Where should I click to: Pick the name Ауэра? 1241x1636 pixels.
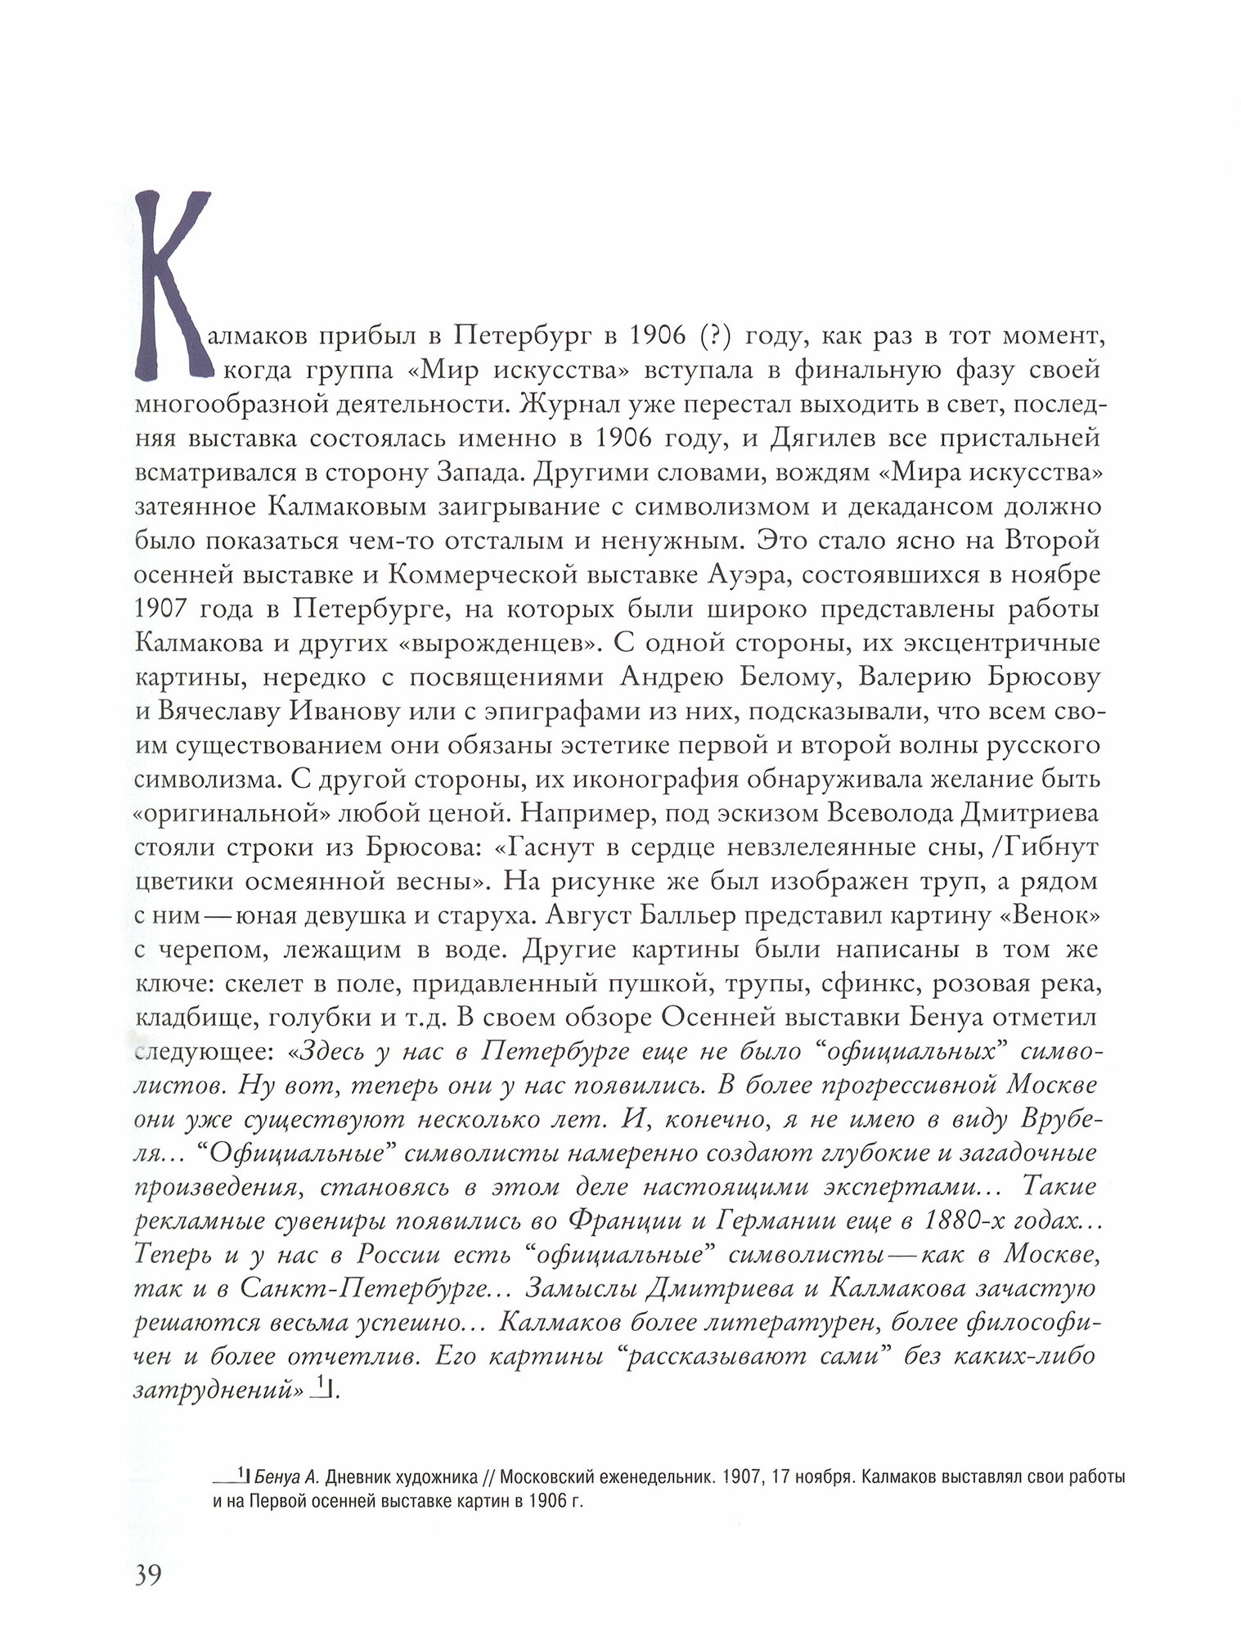pos(748,575)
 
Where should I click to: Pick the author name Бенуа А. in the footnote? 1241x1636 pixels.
pos(286,1478)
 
